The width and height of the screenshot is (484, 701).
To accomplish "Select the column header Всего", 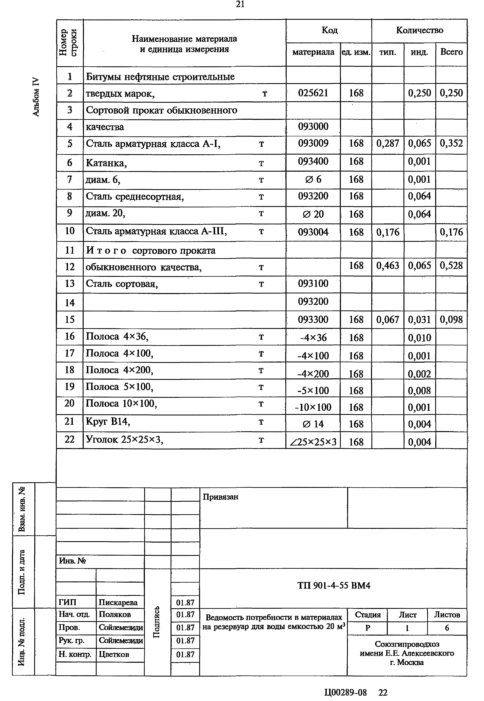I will pyautogui.click(x=451, y=52).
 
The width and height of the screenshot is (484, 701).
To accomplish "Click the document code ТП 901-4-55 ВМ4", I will pyautogui.click(x=334, y=585).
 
